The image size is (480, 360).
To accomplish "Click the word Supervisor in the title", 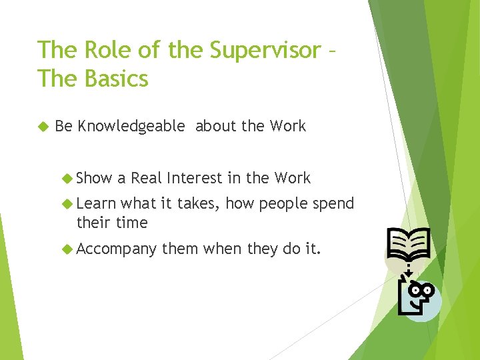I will (x=264, y=50).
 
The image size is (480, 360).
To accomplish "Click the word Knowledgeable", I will (x=131, y=126).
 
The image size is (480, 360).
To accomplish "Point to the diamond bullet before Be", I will (x=43, y=127).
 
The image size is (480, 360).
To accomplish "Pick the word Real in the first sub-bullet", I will (x=147, y=178).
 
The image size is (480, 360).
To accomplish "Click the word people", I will (x=283, y=203).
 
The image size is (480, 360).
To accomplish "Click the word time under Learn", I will (x=131, y=222).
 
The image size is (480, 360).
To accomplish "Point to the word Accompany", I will (x=117, y=249).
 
